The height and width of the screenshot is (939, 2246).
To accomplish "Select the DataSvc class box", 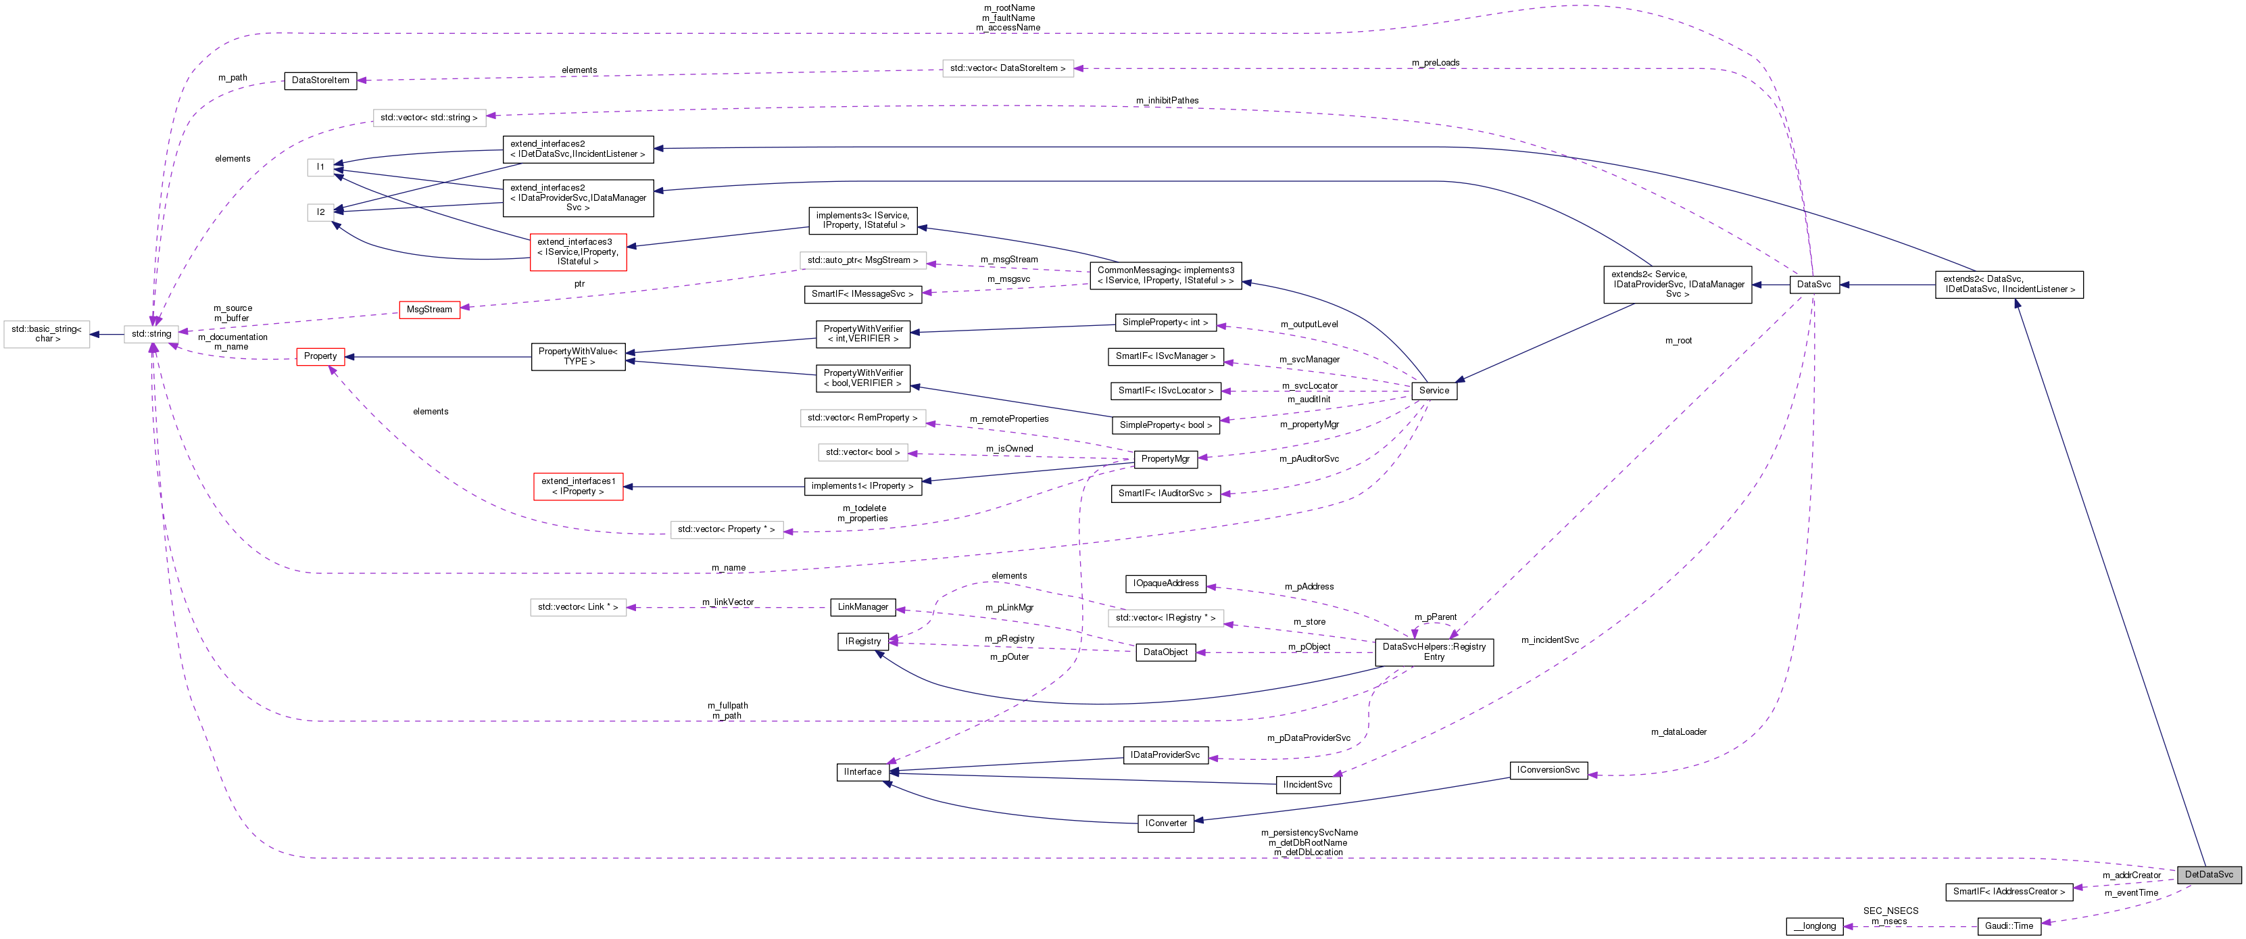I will point(1813,284).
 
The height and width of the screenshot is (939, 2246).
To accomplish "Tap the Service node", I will point(1434,391).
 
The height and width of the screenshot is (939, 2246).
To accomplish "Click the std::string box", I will point(151,334).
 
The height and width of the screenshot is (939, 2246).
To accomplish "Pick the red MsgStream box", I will point(429,310).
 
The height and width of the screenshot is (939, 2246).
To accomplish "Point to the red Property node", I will point(320,356).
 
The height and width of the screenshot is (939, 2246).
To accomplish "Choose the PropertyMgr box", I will point(1165,458).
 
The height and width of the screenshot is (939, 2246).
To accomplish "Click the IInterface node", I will point(862,771).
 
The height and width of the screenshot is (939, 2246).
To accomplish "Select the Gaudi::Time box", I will point(2009,926).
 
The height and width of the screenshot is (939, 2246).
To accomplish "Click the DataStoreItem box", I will point(320,80).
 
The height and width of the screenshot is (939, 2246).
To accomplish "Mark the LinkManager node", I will point(862,607).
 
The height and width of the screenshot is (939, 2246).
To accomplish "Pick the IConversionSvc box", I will point(1548,770).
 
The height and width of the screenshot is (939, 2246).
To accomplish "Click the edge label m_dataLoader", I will point(1678,732).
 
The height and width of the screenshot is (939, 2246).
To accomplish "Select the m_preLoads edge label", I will point(1435,63).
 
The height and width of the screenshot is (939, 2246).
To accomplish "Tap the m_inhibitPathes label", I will point(1167,100).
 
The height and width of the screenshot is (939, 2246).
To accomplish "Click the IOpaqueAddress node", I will point(1166,583).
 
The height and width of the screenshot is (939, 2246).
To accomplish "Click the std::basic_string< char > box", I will point(46,334).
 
